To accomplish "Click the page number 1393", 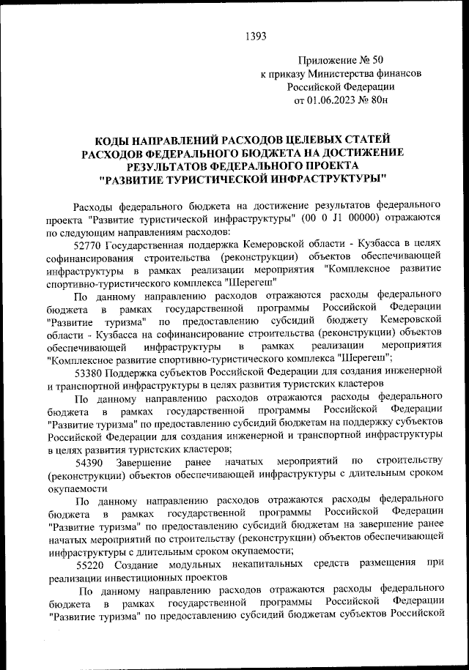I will click(254, 34).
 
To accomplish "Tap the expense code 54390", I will click(90, 462).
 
